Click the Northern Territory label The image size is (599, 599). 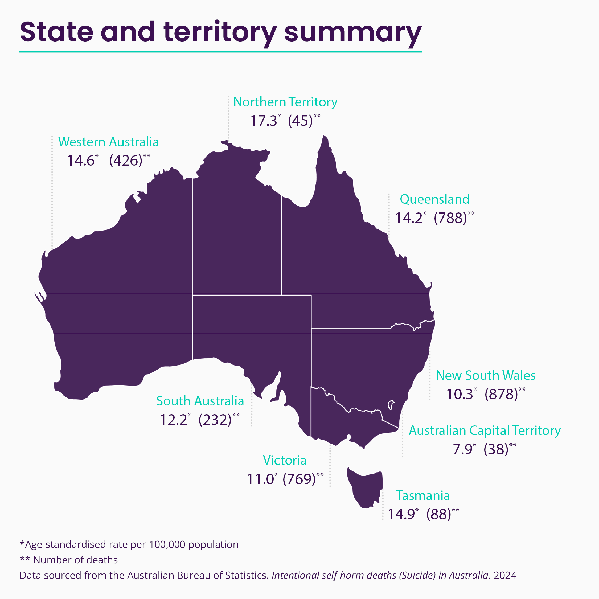click(285, 102)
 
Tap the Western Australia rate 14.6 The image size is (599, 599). click(81, 161)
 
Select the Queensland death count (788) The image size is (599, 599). click(450, 218)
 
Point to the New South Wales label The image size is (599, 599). click(486, 375)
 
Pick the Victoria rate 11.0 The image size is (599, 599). click(260, 479)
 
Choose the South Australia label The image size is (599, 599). click(200, 401)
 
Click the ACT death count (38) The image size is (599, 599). click(496, 449)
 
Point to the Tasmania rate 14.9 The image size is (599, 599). click(401, 514)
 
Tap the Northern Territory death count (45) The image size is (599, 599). click(300, 121)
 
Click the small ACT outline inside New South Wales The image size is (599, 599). click(391, 405)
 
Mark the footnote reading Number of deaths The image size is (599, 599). click(75, 560)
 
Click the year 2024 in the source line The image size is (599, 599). click(505, 575)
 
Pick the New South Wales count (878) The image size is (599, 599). click(501, 394)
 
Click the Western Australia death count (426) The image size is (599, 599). click(126, 161)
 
